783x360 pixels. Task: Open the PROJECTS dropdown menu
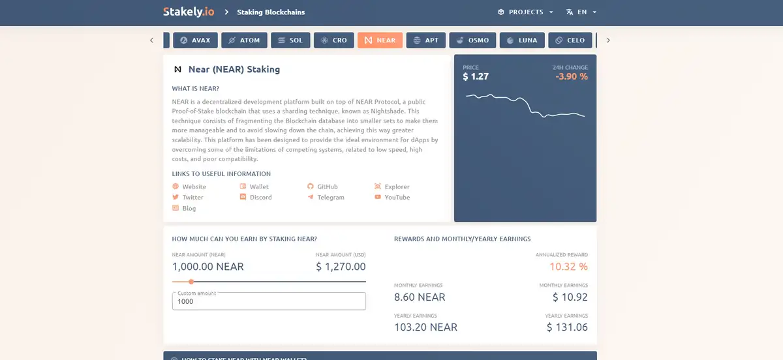[x=525, y=12]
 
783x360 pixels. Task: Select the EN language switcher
[x=581, y=12]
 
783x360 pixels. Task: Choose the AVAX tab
[x=195, y=40]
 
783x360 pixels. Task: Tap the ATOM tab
[x=243, y=40]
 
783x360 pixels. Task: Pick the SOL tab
[x=290, y=40]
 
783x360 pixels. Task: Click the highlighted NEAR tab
[x=380, y=40]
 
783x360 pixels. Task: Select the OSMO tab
[x=472, y=40]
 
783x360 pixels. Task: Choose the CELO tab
[x=570, y=40]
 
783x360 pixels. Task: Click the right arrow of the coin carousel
[x=608, y=40]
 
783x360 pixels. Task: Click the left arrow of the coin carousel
[x=151, y=40]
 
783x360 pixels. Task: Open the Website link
[x=194, y=187]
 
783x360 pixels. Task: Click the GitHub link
[x=327, y=187]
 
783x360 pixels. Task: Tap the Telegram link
[x=330, y=197]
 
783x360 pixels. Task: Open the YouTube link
[x=397, y=197]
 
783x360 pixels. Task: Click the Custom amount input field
[x=268, y=301]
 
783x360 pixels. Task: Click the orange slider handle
[x=191, y=282]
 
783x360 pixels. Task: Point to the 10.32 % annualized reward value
[x=568, y=267]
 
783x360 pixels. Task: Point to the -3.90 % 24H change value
[x=571, y=76]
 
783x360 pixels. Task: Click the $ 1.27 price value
[x=476, y=76]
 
